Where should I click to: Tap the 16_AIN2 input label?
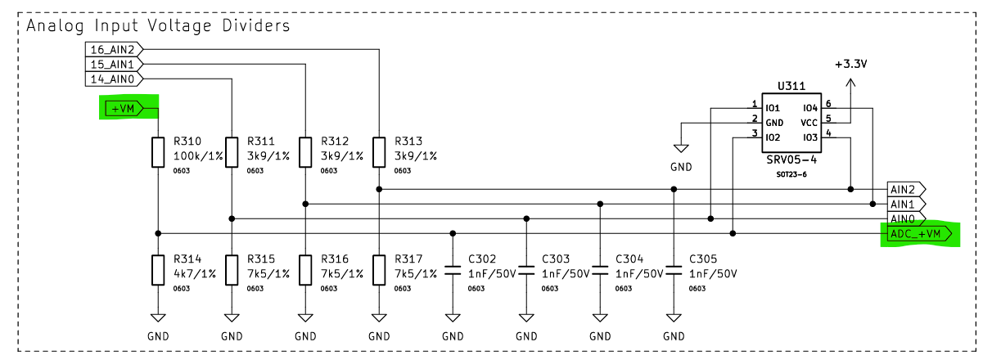pos(113,49)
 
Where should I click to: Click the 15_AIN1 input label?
pos(113,64)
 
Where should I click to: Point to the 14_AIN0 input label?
pos(113,79)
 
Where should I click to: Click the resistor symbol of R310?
pos(158,152)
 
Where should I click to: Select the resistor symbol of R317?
pos(379,268)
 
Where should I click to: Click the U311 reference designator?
pos(791,85)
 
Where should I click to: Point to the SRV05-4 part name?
pos(791,160)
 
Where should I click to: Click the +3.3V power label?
pos(850,64)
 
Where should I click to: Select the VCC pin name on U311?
pos(809,122)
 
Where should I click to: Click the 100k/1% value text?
pos(198,155)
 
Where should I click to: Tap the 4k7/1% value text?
pos(195,273)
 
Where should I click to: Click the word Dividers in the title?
pos(254,25)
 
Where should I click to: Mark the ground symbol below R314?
pos(158,319)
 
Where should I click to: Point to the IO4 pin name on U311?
pos(810,107)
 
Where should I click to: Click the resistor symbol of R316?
pos(305,268)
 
